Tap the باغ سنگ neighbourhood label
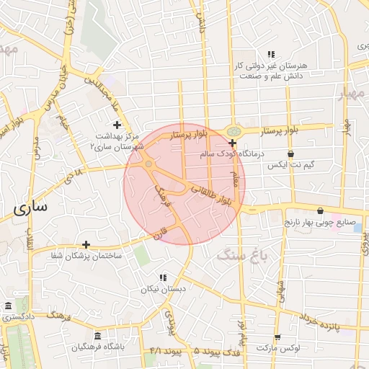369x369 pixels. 239,254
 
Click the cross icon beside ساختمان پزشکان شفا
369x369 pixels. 86,245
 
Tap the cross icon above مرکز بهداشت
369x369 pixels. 117,125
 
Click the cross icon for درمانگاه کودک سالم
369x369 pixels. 231,143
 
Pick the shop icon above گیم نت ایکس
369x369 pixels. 290,154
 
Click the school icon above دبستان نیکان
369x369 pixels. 163,277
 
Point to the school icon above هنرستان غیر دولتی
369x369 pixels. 271,54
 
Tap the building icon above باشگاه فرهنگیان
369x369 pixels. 98,335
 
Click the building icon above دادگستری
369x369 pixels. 8,306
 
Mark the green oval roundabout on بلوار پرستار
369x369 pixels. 233,131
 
